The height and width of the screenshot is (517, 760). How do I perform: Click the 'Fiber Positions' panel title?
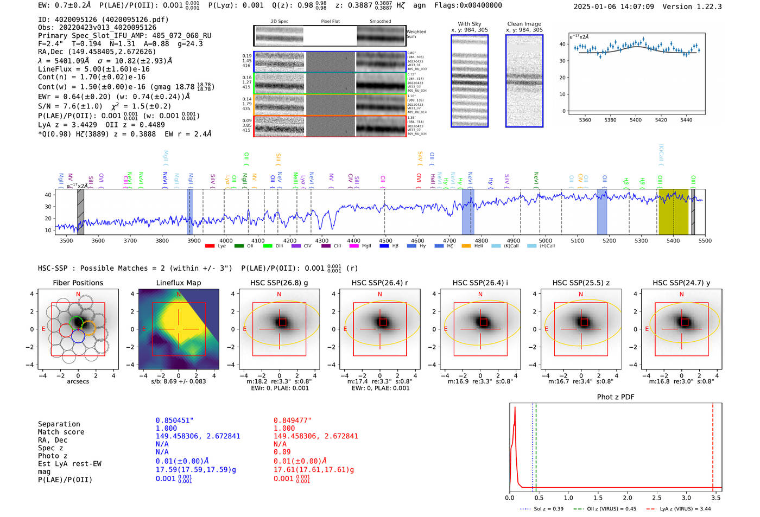[78, 283]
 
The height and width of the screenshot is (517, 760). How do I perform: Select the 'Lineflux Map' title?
[178, 283]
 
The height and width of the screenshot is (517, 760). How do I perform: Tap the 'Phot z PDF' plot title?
[615, 397]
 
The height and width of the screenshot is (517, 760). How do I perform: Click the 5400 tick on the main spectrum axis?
[673, 241]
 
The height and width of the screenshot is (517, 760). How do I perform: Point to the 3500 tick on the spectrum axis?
[66, 241]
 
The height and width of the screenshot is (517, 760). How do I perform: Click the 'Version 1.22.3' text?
[700, 7]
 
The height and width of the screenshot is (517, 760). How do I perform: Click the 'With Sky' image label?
[469, 24]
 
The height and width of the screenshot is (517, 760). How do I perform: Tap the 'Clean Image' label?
[524, 24]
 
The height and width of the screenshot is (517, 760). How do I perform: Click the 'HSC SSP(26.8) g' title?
[279, 283]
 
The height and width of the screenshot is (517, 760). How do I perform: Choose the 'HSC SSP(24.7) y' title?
[681, 283]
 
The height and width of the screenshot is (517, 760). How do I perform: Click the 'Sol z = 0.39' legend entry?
[548, 509]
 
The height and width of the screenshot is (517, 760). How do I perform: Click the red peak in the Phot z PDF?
[515, 408]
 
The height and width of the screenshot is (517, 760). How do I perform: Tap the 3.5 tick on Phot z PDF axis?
[716, 497]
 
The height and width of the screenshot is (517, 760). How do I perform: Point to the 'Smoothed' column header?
[380, 22]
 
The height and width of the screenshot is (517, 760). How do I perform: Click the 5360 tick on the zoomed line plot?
[585, 120]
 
